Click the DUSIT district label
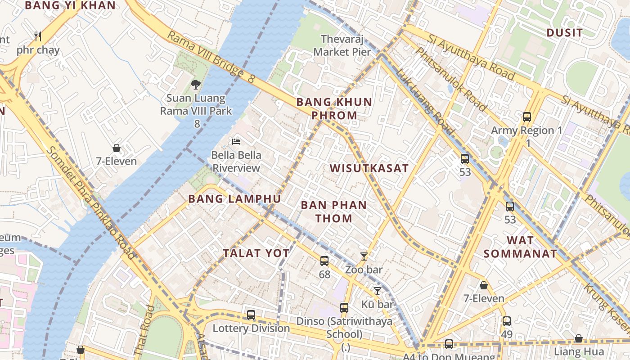(x=564, y=32)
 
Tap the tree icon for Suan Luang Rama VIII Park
(x=196, y=84)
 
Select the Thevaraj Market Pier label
(x=342, y=45)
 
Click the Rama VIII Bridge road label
(x=211, y=57)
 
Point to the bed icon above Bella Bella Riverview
(x=236, y=141)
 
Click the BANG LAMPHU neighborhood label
(x=234, y=198)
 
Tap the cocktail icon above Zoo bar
(x=364, y=256)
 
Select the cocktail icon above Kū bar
(x=378, y=291)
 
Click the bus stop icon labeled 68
(x=324, y=261)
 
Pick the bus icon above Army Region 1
(x=527, y=117)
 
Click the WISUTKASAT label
(x=369, y=168)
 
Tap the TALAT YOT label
(x=256, y=253)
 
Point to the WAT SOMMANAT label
(x=520, y=247)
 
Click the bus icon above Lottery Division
(x=251, y=315)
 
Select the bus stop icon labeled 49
(x=507, y=321)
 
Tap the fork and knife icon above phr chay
(x=38, y=36)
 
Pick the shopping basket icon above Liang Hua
(x=579, y=338)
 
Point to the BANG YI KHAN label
(x=70, y=5)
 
